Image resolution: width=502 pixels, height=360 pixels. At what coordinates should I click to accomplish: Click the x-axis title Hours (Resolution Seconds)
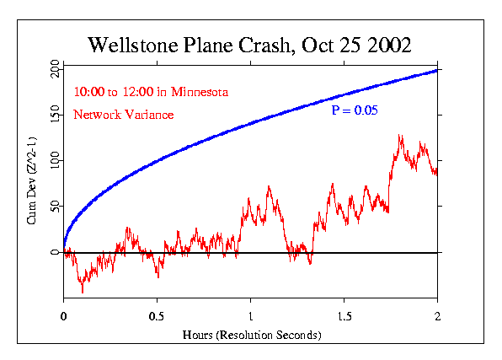[251, 335]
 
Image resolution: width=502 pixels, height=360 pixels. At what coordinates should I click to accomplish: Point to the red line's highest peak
[399, 135]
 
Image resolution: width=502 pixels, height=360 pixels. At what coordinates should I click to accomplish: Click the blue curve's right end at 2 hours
[436, 70]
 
